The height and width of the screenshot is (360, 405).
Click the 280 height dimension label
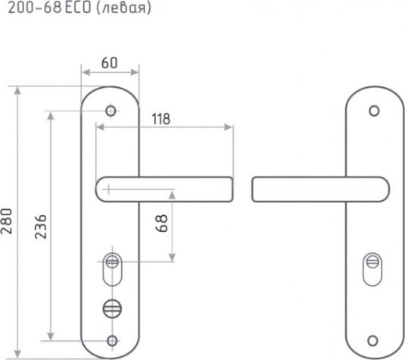[7, 221]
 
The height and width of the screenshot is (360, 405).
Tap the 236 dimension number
[41, 227]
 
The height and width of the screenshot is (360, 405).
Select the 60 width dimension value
[109, 63]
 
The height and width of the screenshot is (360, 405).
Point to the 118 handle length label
[161, 119]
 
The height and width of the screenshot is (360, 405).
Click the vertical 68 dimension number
[162, 223]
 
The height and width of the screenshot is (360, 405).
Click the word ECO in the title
[78, 8]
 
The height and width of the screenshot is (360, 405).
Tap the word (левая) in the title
[123, 8]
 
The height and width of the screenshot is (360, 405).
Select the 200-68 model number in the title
[35, 8]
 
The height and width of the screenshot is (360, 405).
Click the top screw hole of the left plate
[111, 111]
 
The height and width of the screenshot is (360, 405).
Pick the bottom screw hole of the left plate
[112, 340]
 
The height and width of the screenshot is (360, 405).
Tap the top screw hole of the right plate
[374, 111]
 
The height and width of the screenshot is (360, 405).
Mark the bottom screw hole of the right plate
[372, 341]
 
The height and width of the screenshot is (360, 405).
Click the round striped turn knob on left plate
[112, 308]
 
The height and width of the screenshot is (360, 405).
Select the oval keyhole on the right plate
[372, 270]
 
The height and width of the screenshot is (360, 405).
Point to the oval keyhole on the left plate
[112, 270]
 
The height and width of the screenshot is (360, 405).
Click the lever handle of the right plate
[320, 189]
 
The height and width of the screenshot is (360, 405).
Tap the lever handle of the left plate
[164, 189]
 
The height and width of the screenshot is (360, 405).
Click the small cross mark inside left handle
[108, 189]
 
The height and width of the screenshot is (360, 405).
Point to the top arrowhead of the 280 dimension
[17, 90]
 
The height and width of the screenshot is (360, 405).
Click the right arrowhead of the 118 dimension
[228, 127]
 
